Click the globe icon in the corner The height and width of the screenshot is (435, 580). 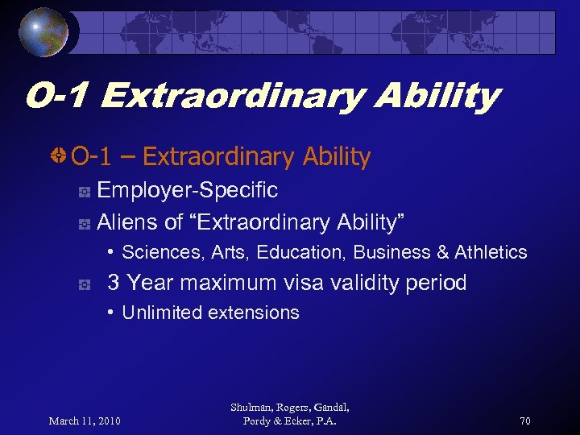coord(43,31)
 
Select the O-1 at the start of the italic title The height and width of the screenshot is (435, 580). coord(58,97)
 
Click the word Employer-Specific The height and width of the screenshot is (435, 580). coord(187,191)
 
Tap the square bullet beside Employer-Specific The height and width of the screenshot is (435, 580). coord(83,193)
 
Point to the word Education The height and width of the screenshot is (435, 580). coord(301,253)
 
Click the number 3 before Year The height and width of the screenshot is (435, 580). coord(114,283)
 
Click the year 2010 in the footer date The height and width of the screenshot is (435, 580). coord(107,420)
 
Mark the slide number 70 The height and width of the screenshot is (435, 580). coord(524,420)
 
